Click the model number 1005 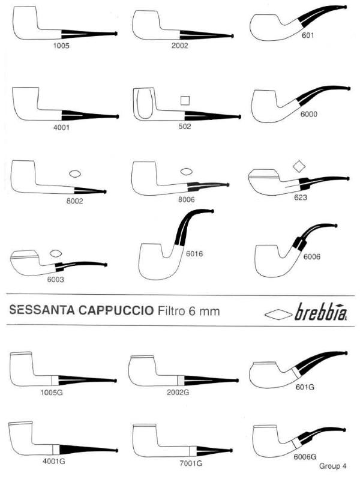pyautogui.click(x=61, y=46)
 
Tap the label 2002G pyautogui.click(x=178, y=393)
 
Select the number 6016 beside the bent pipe pyautogui.click(x=194, y=254)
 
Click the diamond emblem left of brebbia pyautogui.click(x=278, y=315)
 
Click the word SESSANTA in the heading pyautogui.click(x=42, y=310)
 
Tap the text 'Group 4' pyautogui.click(x=332, y=466)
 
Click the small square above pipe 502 pyautogui.click(x=185, y=100)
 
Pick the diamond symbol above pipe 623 pyautogui.click(x=299, y=166)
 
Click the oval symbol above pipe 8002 pyautogui.click(x=75, y=174)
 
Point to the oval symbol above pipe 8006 pyautogui.click(x=185, y=172)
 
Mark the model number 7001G pyautogui.click(x=191, y=463)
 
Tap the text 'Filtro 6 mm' pyautogui.click(x=189, y=311)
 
